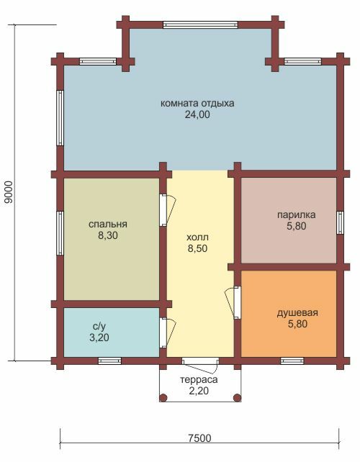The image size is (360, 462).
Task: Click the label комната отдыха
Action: [197, 104]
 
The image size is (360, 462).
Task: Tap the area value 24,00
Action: [197, 114]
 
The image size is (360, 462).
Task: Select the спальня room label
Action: [107, 225]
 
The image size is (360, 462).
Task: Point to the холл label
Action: [197, 237]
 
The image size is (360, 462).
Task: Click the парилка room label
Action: [297, 214]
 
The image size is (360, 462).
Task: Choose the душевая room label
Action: [297, 312]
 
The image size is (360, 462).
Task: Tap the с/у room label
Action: [99, 326]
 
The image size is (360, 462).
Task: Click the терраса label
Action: [199, 379]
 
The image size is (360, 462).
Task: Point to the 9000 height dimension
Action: [9, 192]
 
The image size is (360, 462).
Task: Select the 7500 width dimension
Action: [199, 438]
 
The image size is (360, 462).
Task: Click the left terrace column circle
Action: [163, 398]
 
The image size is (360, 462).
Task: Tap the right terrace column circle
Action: [238, 398]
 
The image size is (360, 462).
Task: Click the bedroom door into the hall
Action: [168, 210]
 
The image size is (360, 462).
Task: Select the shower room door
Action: [233, 302]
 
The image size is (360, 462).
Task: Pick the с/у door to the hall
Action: [168, 332]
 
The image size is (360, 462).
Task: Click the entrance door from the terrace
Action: [200, 365]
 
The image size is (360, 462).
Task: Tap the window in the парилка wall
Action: [341, 222]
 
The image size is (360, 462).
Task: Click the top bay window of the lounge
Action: [200, 24]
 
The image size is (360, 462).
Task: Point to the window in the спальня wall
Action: [60, 233]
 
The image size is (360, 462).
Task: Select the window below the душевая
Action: [292, 361]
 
